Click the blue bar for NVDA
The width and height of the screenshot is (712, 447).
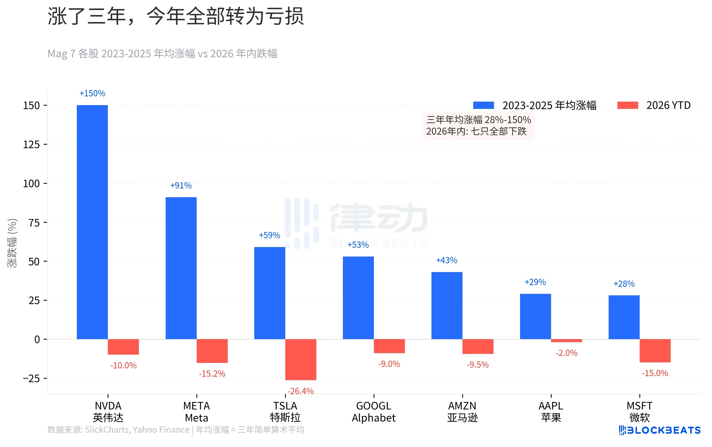pos(92,222)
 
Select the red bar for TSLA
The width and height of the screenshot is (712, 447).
pos(300,359)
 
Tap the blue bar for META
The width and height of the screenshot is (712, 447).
pos(181,268)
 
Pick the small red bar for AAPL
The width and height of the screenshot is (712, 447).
pos(566,341)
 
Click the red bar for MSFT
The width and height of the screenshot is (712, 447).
pos(655,351)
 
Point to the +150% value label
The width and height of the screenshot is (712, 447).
pos(92,93)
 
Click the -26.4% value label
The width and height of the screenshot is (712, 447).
pos(300,391)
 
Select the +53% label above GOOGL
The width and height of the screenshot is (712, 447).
pos(358,245)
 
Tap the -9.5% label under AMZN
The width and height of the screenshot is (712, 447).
pos(478,364)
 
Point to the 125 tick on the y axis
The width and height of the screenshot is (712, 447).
pos(31,145)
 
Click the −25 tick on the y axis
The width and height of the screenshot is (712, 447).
pos(31,378)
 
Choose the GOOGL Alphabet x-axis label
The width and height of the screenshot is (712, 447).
pos(374,412)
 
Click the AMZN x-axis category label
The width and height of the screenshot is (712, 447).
pos(462,412)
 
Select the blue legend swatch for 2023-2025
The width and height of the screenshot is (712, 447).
pos(483,105)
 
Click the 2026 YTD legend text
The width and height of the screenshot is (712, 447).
pos(668,105)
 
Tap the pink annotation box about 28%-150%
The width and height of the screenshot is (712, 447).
pos(478,126)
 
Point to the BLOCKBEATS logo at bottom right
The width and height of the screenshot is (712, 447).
pos(659,430)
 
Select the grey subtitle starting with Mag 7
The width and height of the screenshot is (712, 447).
pos(162,54)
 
